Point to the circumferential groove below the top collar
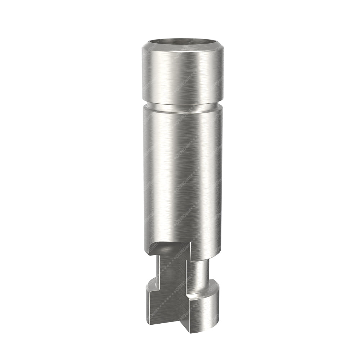point(181,106)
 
